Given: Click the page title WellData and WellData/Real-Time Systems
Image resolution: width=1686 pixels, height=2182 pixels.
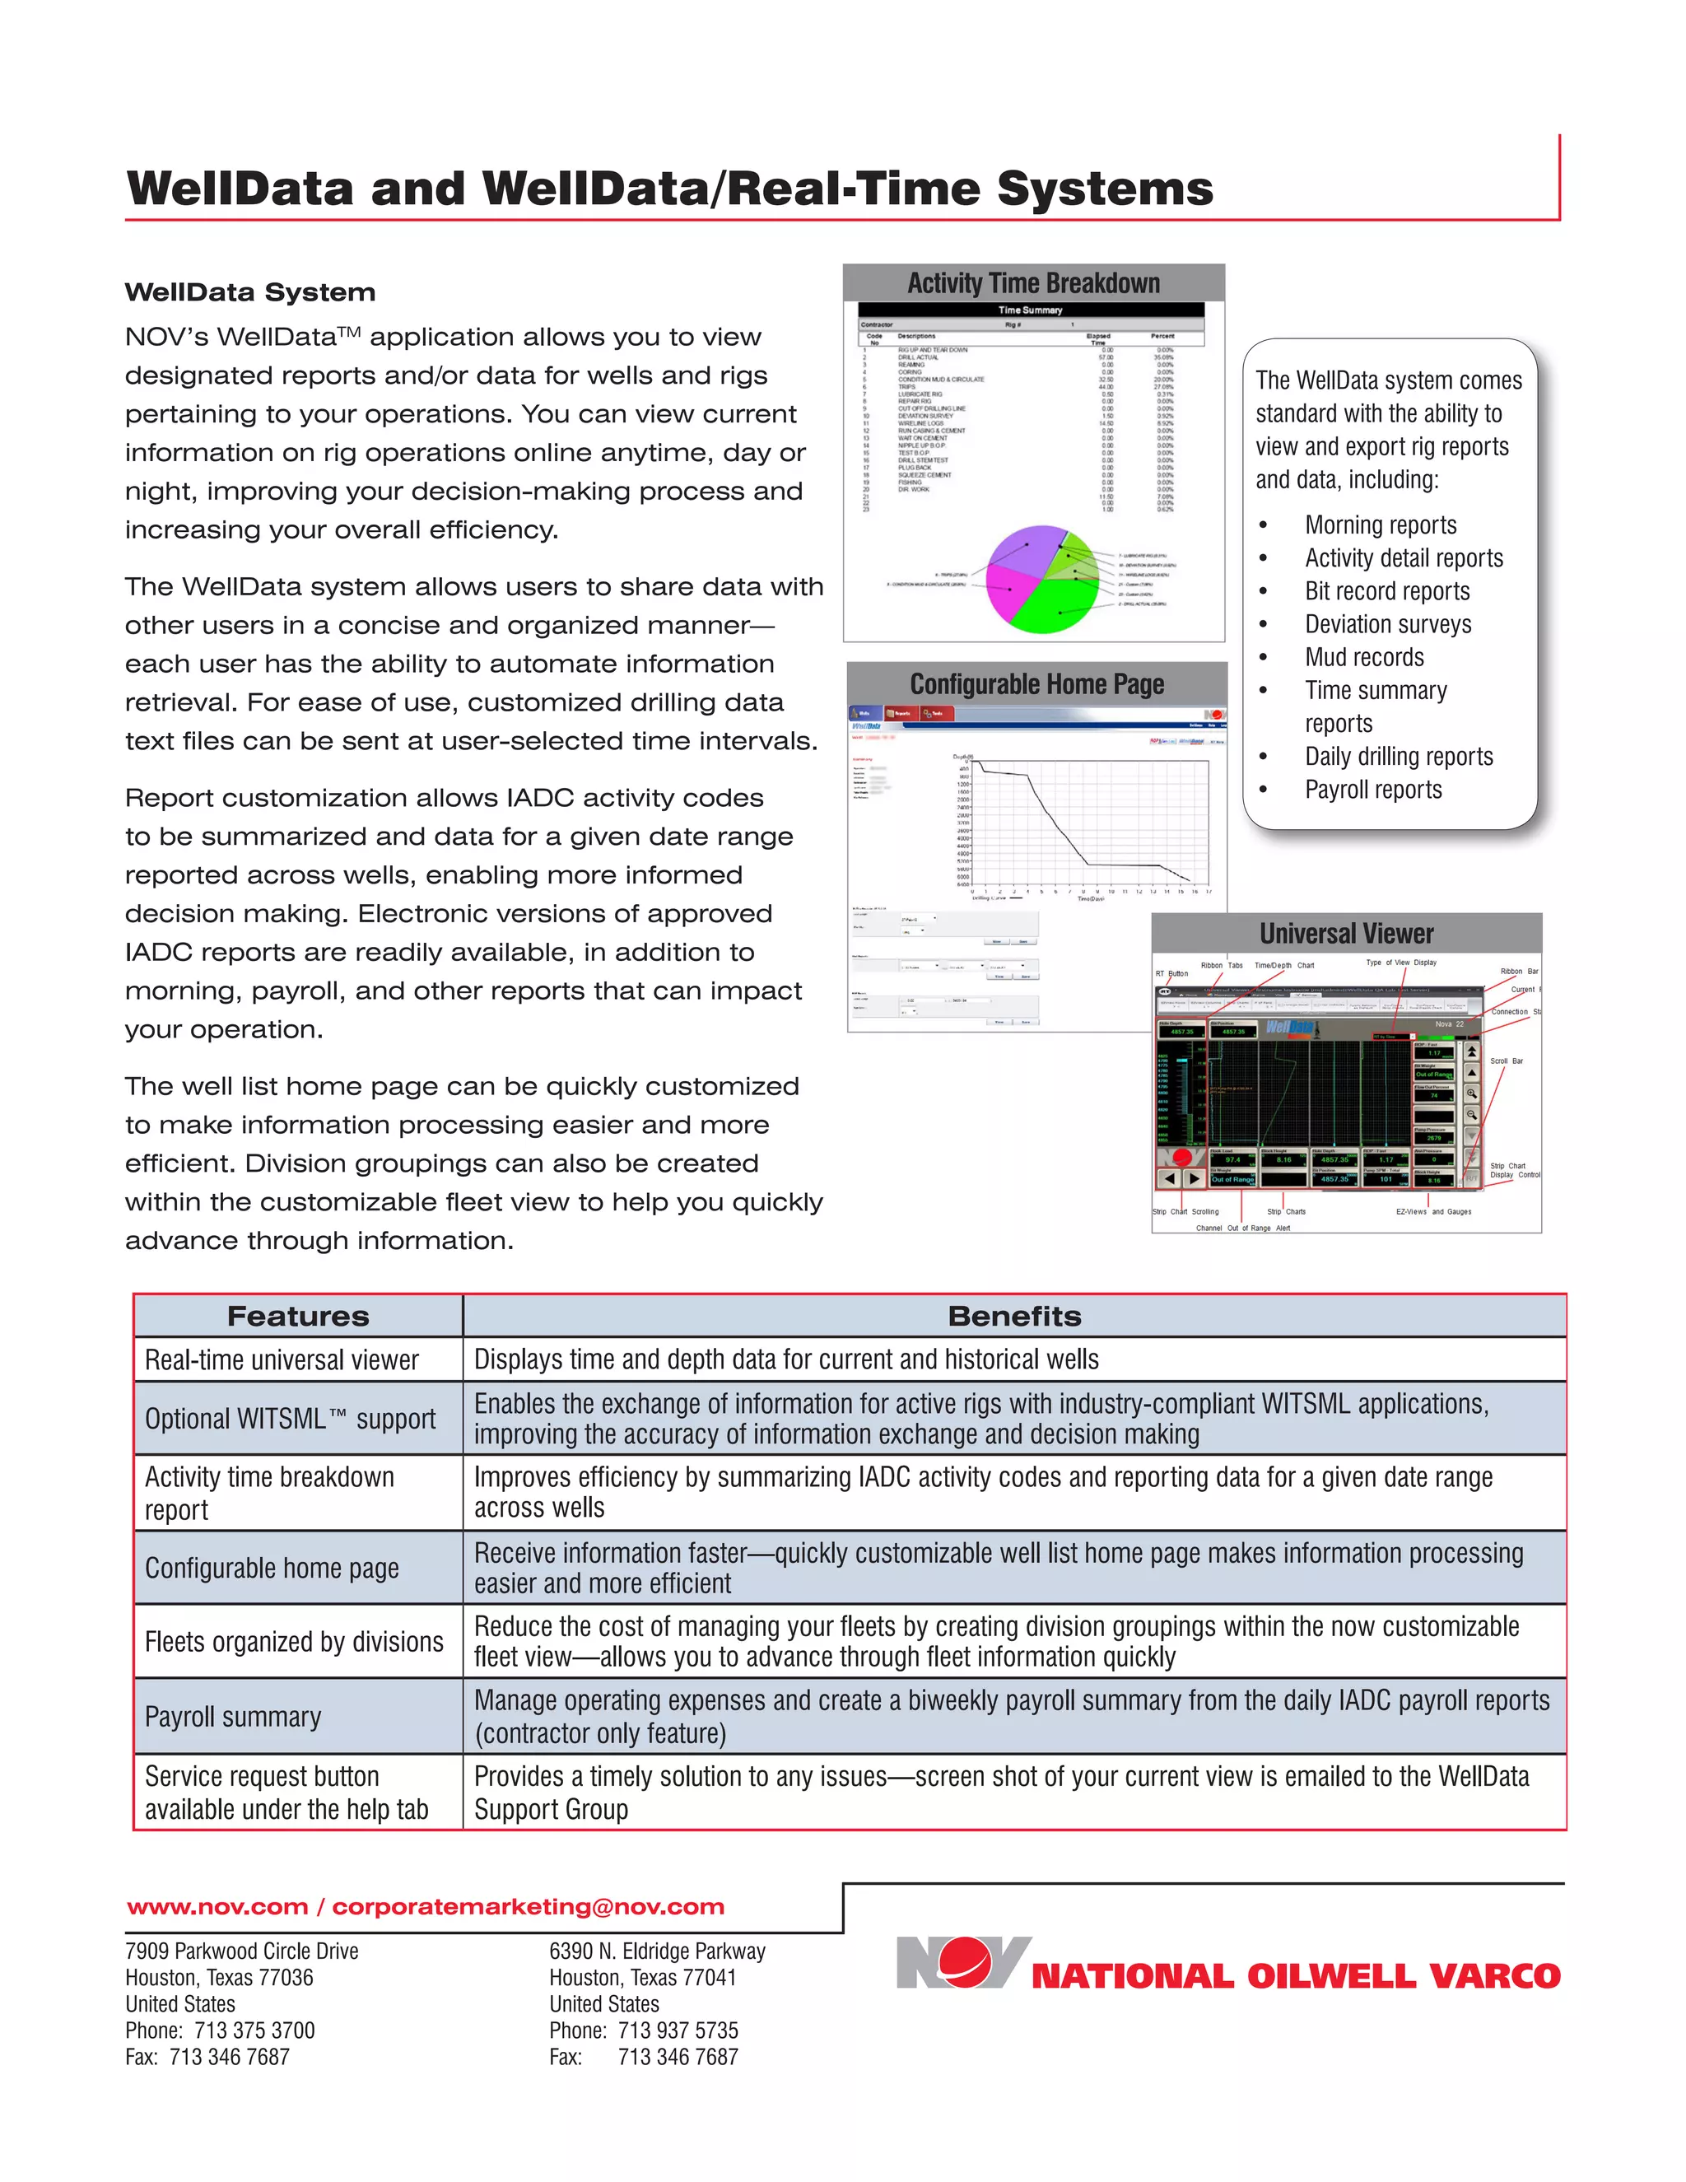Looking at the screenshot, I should pos(669,189).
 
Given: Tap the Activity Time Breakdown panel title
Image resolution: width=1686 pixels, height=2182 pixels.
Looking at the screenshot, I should pos(1033,284).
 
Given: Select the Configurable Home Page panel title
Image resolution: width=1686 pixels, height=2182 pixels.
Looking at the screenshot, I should pos(1036,684).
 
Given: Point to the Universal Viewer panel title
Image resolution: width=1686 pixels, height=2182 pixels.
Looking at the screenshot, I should pos(1345,933).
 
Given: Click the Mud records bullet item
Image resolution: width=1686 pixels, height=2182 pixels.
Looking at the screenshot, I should pos(1364,657).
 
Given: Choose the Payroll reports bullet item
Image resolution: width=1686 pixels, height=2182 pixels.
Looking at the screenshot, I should pos(1373,790).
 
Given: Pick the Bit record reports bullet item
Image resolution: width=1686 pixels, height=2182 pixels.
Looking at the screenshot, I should pos(1387,591).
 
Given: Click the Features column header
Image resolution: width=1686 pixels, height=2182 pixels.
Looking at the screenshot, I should pos(298,1316).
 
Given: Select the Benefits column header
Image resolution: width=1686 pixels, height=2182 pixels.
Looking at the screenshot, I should pos(1013,1316).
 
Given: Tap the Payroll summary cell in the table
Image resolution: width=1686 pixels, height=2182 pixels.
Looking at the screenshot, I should pos(233,1717).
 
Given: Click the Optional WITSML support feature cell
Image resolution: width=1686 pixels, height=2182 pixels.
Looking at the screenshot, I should pos(290,1419).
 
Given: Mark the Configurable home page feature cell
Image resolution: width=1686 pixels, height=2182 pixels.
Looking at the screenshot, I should pos(272,1568).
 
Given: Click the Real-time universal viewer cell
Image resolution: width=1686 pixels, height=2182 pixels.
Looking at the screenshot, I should pos(282,1359).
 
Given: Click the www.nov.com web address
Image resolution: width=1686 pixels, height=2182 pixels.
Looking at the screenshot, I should pos(217,1906).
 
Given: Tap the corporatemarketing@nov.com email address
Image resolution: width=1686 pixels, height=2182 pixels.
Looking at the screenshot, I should pos(528,1906).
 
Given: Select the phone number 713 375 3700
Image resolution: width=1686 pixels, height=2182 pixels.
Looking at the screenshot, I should pos(254,2030).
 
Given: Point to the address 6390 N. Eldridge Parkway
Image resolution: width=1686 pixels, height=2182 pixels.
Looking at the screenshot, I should pos(657,1950).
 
